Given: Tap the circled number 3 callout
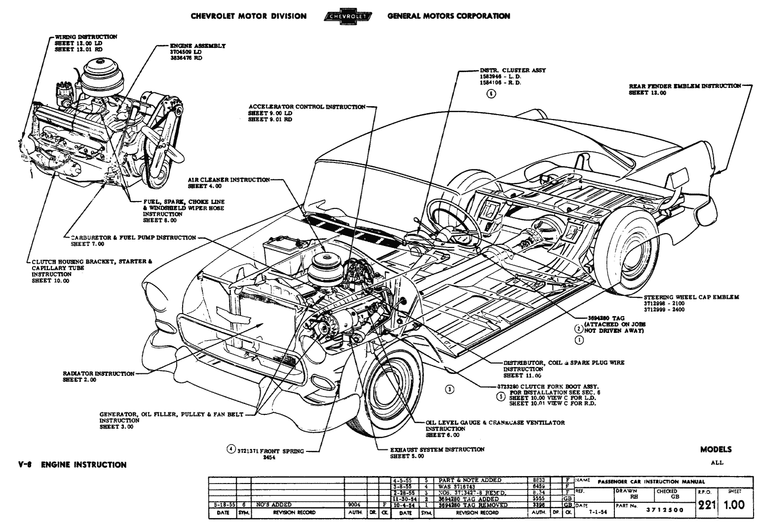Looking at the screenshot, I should [450, 389].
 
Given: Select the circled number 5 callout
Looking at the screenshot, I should [500, 397].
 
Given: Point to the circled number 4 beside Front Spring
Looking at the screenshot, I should [230, 449].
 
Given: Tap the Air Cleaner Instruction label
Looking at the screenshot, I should [228, 180].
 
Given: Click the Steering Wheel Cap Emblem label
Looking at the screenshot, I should [691, 297].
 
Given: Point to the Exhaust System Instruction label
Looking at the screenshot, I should [437, 450].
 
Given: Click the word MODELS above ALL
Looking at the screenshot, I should [716, 449].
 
